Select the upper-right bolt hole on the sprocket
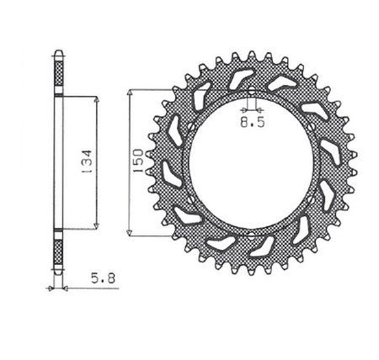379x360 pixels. point(309,127)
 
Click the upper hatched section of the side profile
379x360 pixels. point(58,74)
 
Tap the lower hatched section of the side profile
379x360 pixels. point(58,248)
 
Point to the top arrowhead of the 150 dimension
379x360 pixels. point(129,90)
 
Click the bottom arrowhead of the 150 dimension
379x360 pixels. point(129,232)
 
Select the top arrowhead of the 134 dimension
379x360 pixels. point(98,99)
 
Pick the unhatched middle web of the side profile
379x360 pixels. point(58,161)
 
